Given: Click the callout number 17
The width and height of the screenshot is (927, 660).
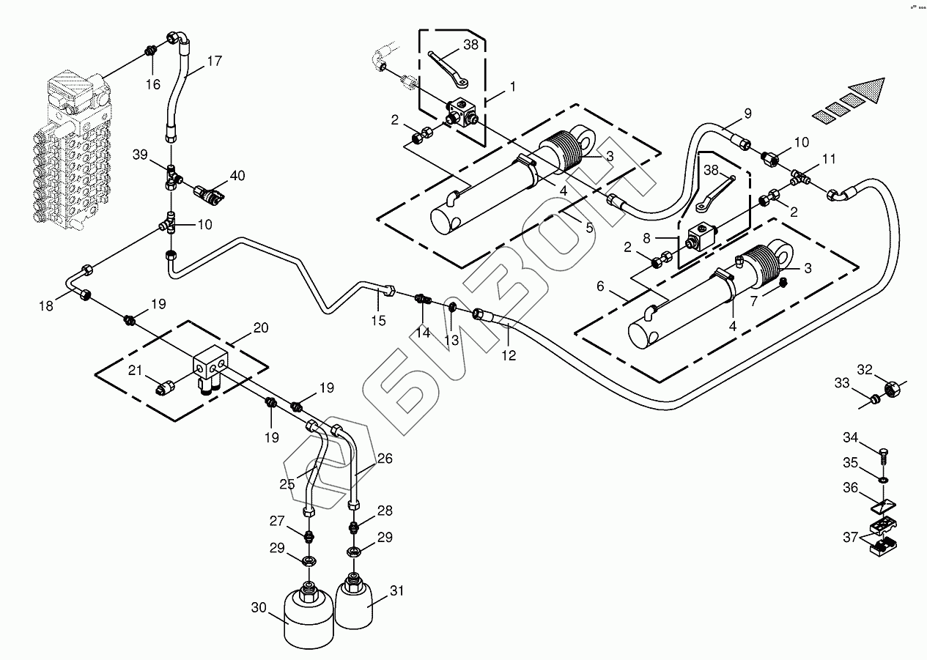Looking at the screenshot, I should click(x=213, y=62).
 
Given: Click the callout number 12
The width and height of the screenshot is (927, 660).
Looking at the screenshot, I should click(x=509, y=355).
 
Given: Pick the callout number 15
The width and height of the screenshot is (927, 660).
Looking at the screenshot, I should click(x=378, y=320).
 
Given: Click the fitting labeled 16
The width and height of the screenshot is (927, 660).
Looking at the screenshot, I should click(x=149, y=52).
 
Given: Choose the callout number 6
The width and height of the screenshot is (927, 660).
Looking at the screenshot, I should click(x=601, y=286).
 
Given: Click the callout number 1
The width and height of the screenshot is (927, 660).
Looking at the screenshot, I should click(x=513, y=86).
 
